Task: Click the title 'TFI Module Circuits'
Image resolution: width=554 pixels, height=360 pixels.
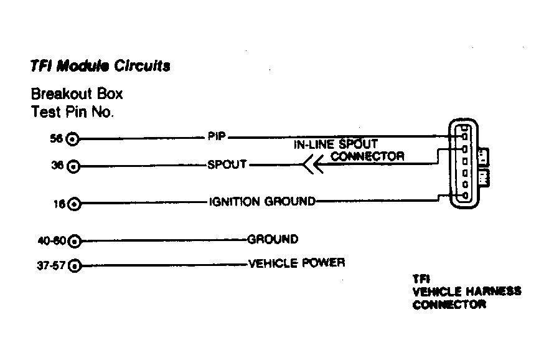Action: pos(100,66)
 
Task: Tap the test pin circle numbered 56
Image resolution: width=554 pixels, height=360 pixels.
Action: pos(72,139)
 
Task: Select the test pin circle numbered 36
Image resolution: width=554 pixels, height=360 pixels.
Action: pos(73,166)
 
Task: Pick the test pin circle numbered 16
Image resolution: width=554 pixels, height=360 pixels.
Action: pos(74,204)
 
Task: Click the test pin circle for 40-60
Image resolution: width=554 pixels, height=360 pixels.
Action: pos(75,242)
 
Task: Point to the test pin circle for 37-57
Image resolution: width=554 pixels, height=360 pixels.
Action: pos(75,265)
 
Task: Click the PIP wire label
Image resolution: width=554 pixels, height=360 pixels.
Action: pos(217,136)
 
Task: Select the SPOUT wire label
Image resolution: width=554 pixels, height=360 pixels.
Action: pos(227,164)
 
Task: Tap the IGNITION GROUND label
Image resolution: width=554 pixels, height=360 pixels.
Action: pos(262,202)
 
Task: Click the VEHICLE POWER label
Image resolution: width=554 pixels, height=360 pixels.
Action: pos(297,263)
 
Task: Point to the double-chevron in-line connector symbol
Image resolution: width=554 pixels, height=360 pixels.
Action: pos(313,165)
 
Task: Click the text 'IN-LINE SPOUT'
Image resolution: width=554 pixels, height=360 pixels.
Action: pos(336,144)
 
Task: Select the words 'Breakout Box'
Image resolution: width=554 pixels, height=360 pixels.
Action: pos(77,93)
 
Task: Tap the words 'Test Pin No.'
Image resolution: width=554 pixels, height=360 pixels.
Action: pos(72,111)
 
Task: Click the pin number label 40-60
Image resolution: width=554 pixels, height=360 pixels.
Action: pos(52,241)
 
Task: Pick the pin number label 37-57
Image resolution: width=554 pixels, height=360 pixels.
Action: pos(51,265)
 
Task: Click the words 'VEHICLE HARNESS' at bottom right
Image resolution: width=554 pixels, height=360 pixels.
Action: pos(467,291)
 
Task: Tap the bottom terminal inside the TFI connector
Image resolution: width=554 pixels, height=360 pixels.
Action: pos(466,196)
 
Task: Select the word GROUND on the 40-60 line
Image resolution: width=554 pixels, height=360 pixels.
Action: pos(273,239)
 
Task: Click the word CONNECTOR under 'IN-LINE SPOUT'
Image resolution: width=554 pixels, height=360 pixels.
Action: pos(367,156)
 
